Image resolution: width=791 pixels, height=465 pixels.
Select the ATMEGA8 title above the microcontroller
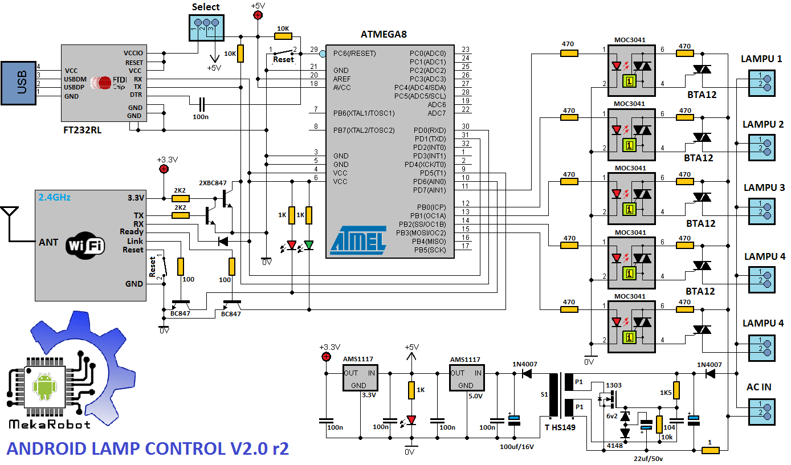384,34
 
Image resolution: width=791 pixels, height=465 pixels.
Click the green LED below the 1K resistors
308,245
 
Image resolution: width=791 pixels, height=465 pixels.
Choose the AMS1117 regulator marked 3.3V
358,378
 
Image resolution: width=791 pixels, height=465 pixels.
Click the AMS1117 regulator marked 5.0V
465,378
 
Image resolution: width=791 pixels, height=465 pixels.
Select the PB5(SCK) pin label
430,250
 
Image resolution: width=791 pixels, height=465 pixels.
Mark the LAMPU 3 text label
763,187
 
